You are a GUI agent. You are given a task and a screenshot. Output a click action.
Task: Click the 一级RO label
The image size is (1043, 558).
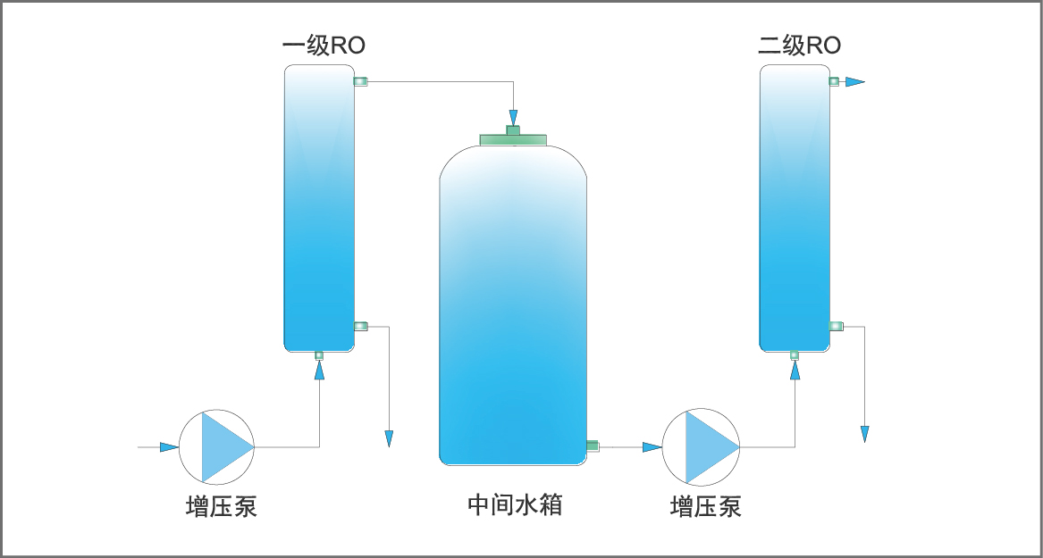324,45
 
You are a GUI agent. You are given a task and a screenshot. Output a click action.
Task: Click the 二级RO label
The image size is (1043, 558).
799,45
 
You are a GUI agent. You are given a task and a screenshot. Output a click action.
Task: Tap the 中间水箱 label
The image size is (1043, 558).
514,505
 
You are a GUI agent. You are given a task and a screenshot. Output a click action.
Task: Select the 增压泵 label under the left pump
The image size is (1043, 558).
221,506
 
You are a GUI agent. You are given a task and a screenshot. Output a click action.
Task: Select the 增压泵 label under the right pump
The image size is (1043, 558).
705,506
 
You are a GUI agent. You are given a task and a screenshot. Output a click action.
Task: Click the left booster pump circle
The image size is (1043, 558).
217,446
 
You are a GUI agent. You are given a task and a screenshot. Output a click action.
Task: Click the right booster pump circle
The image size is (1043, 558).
701,446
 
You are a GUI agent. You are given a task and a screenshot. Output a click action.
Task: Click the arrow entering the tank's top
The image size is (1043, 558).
513,118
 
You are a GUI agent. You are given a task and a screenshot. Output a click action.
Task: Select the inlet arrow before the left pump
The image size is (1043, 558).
169,446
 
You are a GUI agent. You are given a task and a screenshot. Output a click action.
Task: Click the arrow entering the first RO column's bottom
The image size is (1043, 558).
319,371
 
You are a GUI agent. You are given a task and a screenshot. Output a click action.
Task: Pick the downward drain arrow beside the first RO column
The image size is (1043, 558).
389,438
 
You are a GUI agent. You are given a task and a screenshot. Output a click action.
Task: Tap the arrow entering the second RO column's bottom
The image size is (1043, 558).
795,371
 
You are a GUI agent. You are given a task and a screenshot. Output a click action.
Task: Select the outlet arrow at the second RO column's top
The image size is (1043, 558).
855,82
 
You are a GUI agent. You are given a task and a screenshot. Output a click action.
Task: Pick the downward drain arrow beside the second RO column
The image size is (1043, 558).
864,434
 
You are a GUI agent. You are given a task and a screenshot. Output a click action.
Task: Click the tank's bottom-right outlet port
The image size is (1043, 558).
593,446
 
